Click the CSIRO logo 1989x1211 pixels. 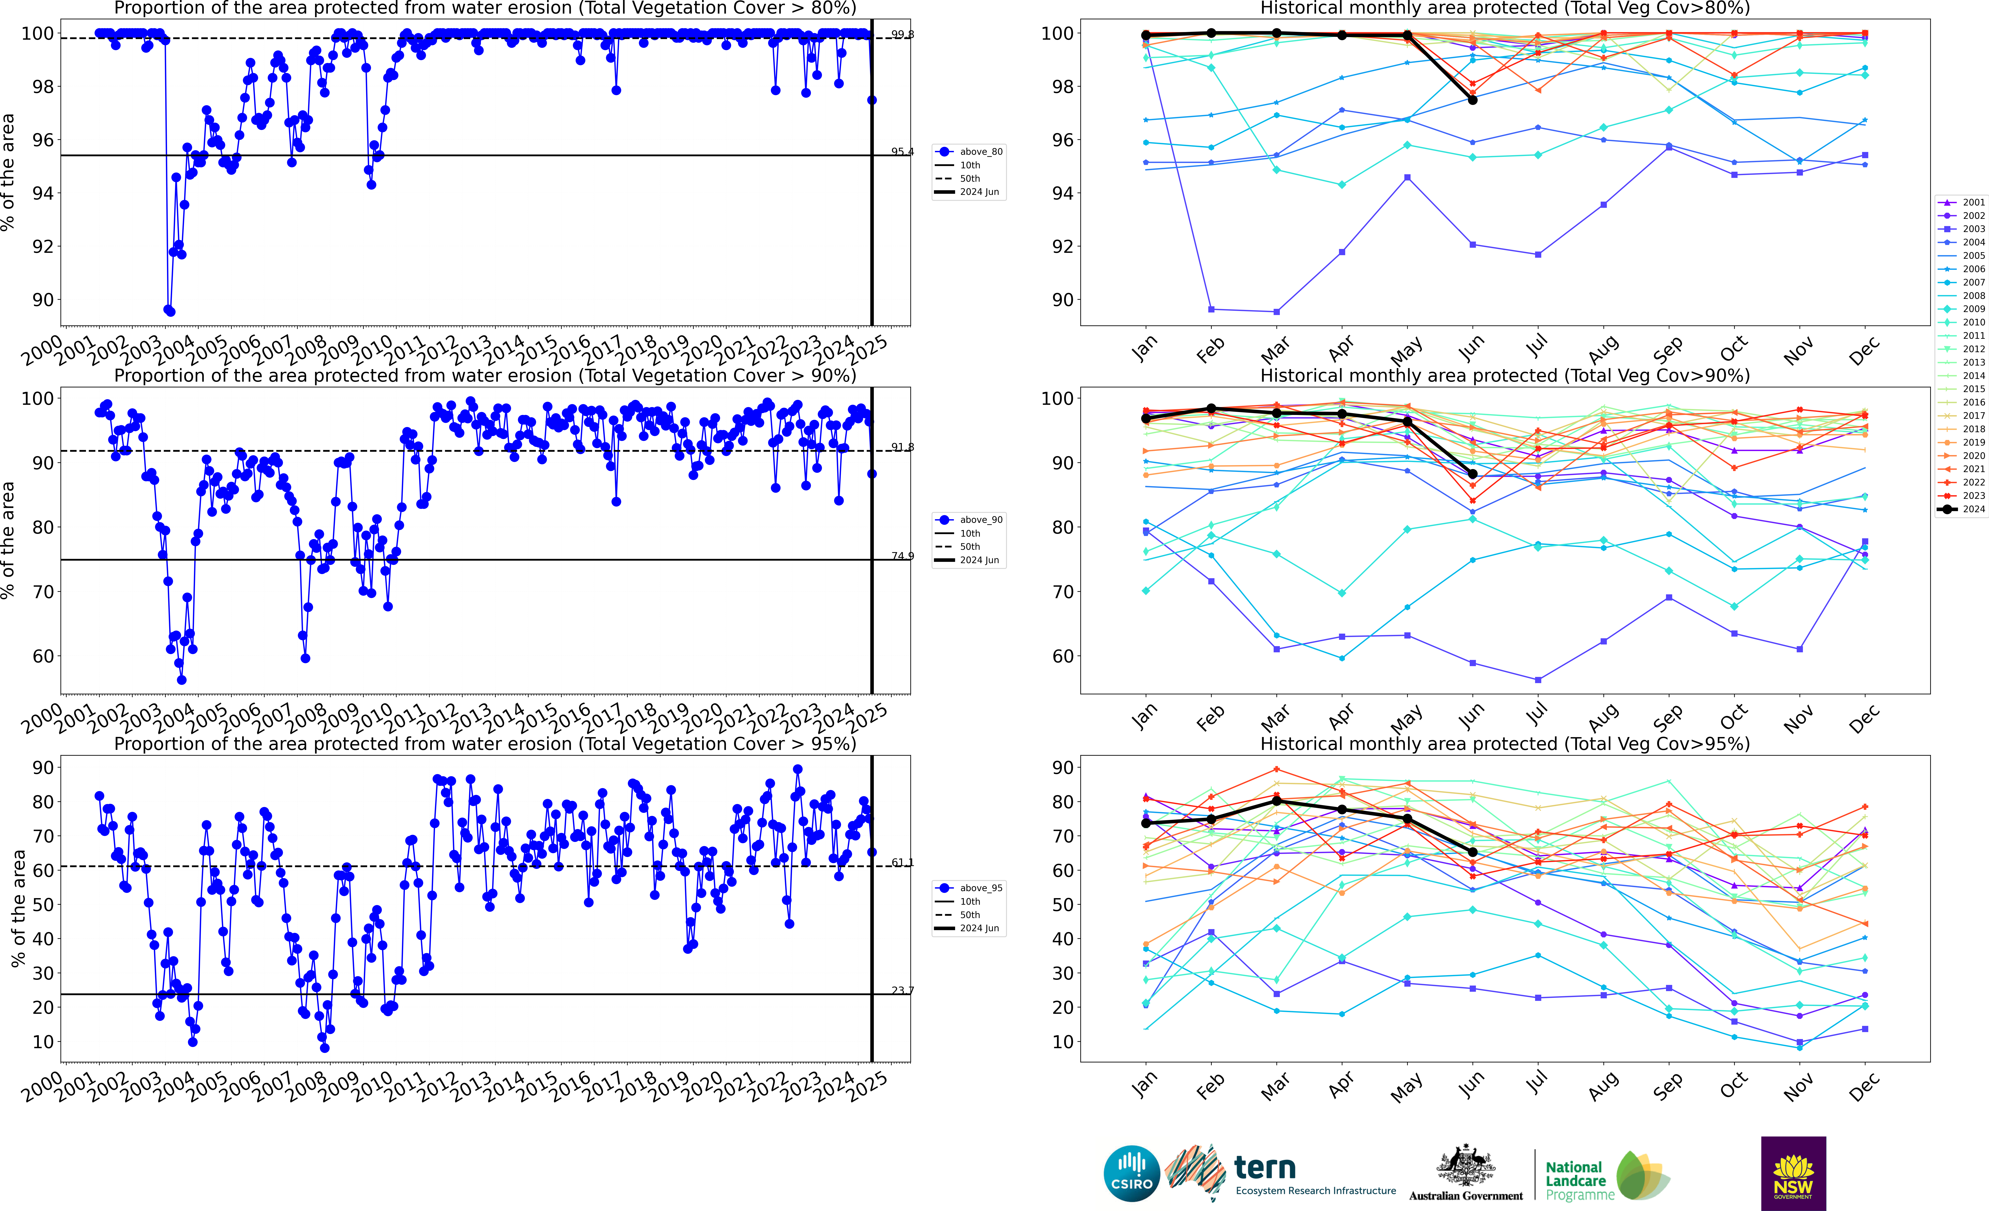pos(1132,1173)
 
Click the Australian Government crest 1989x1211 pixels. pos(1465,1165)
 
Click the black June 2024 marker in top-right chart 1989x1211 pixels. pos(1472,100)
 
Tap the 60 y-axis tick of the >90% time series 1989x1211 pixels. pos(44,656)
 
